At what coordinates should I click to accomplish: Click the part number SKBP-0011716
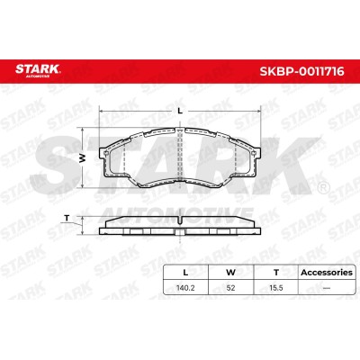[x=301, y=72]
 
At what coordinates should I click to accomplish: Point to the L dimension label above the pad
[x=180, y=111]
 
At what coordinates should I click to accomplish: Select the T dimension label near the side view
[x=67, y=219]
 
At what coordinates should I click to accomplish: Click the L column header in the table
[x=185, y=273]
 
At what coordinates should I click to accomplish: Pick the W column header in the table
[x=230, y=273]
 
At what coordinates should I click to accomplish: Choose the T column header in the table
[x=276, y=273]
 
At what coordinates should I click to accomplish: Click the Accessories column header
[x=327, y=273]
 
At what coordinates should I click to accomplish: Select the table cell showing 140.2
[x=185, y=288]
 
